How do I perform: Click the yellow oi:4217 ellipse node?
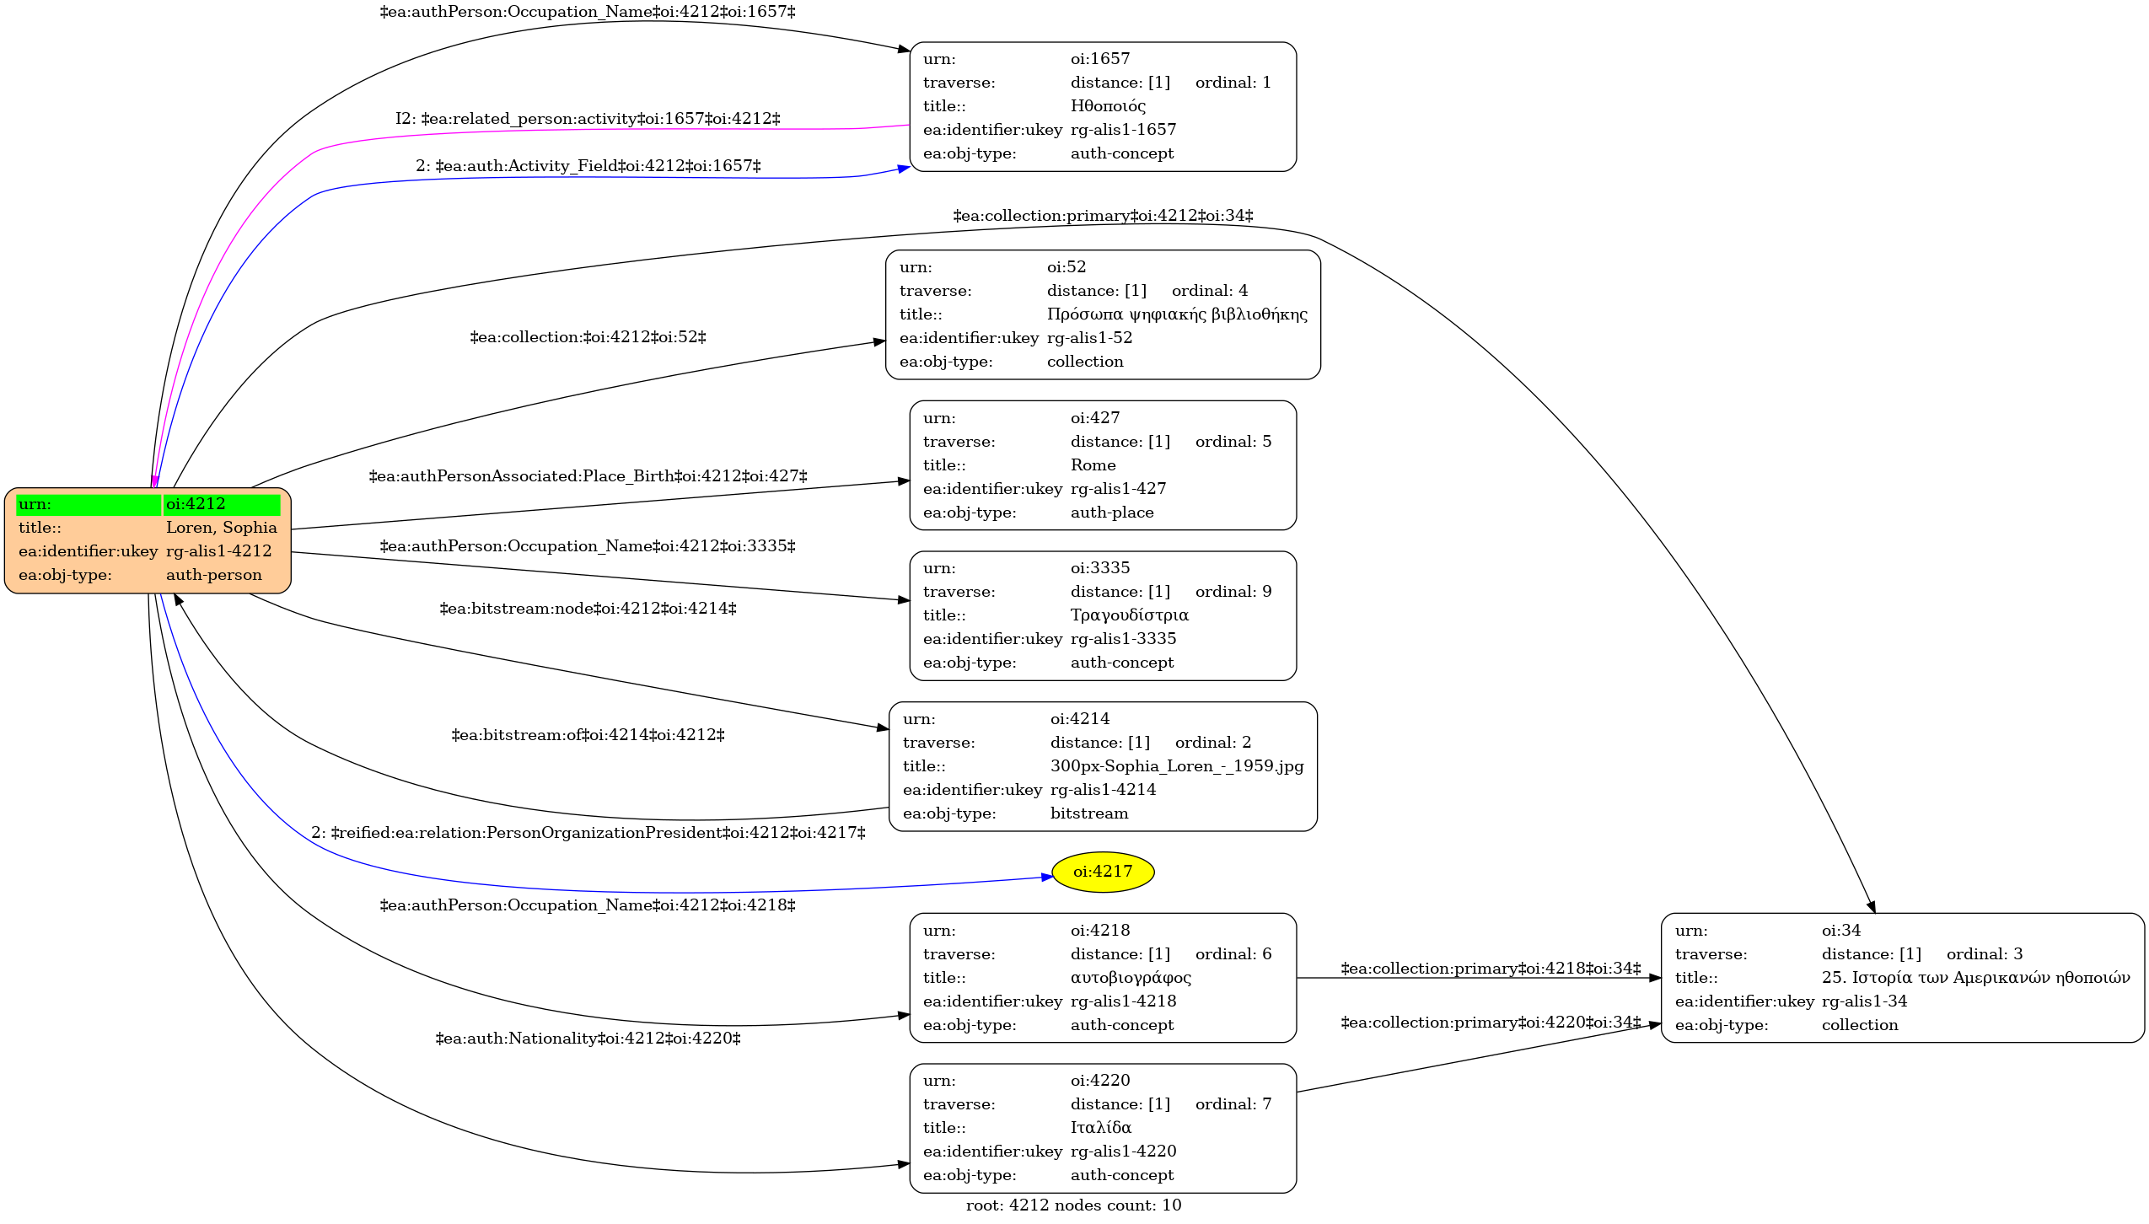(x=1103, y=872)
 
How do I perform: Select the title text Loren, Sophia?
(x=222, y=528)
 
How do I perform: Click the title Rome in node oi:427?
(x=1093, y=465)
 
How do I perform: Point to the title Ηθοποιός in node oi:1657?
(x=1108, y=106)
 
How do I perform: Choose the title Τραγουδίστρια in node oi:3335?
(x=1130, y=615)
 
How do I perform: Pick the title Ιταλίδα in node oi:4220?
(x=1101, y=1128)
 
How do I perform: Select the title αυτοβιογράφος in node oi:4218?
(x=1131, y=978)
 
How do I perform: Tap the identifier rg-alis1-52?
(x=1090, y=338)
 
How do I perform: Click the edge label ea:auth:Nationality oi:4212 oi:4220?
(x=588, y=1039)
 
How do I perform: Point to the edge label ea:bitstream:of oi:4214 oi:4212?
(x=588, y=735)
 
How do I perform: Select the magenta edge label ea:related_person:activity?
(x=588, y=119)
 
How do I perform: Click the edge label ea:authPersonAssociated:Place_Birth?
(x=588, y=476)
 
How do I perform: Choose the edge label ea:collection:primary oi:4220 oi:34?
(x=1491, y=1023)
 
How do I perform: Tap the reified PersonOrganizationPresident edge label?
(x=588, y=833)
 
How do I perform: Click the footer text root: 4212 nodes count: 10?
(x=1074, y=1205)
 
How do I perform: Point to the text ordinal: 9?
(x=1233, y=592)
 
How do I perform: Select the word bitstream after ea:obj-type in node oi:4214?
(x=1089, y=813)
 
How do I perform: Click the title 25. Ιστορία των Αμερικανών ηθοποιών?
(x=1975, y=978)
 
